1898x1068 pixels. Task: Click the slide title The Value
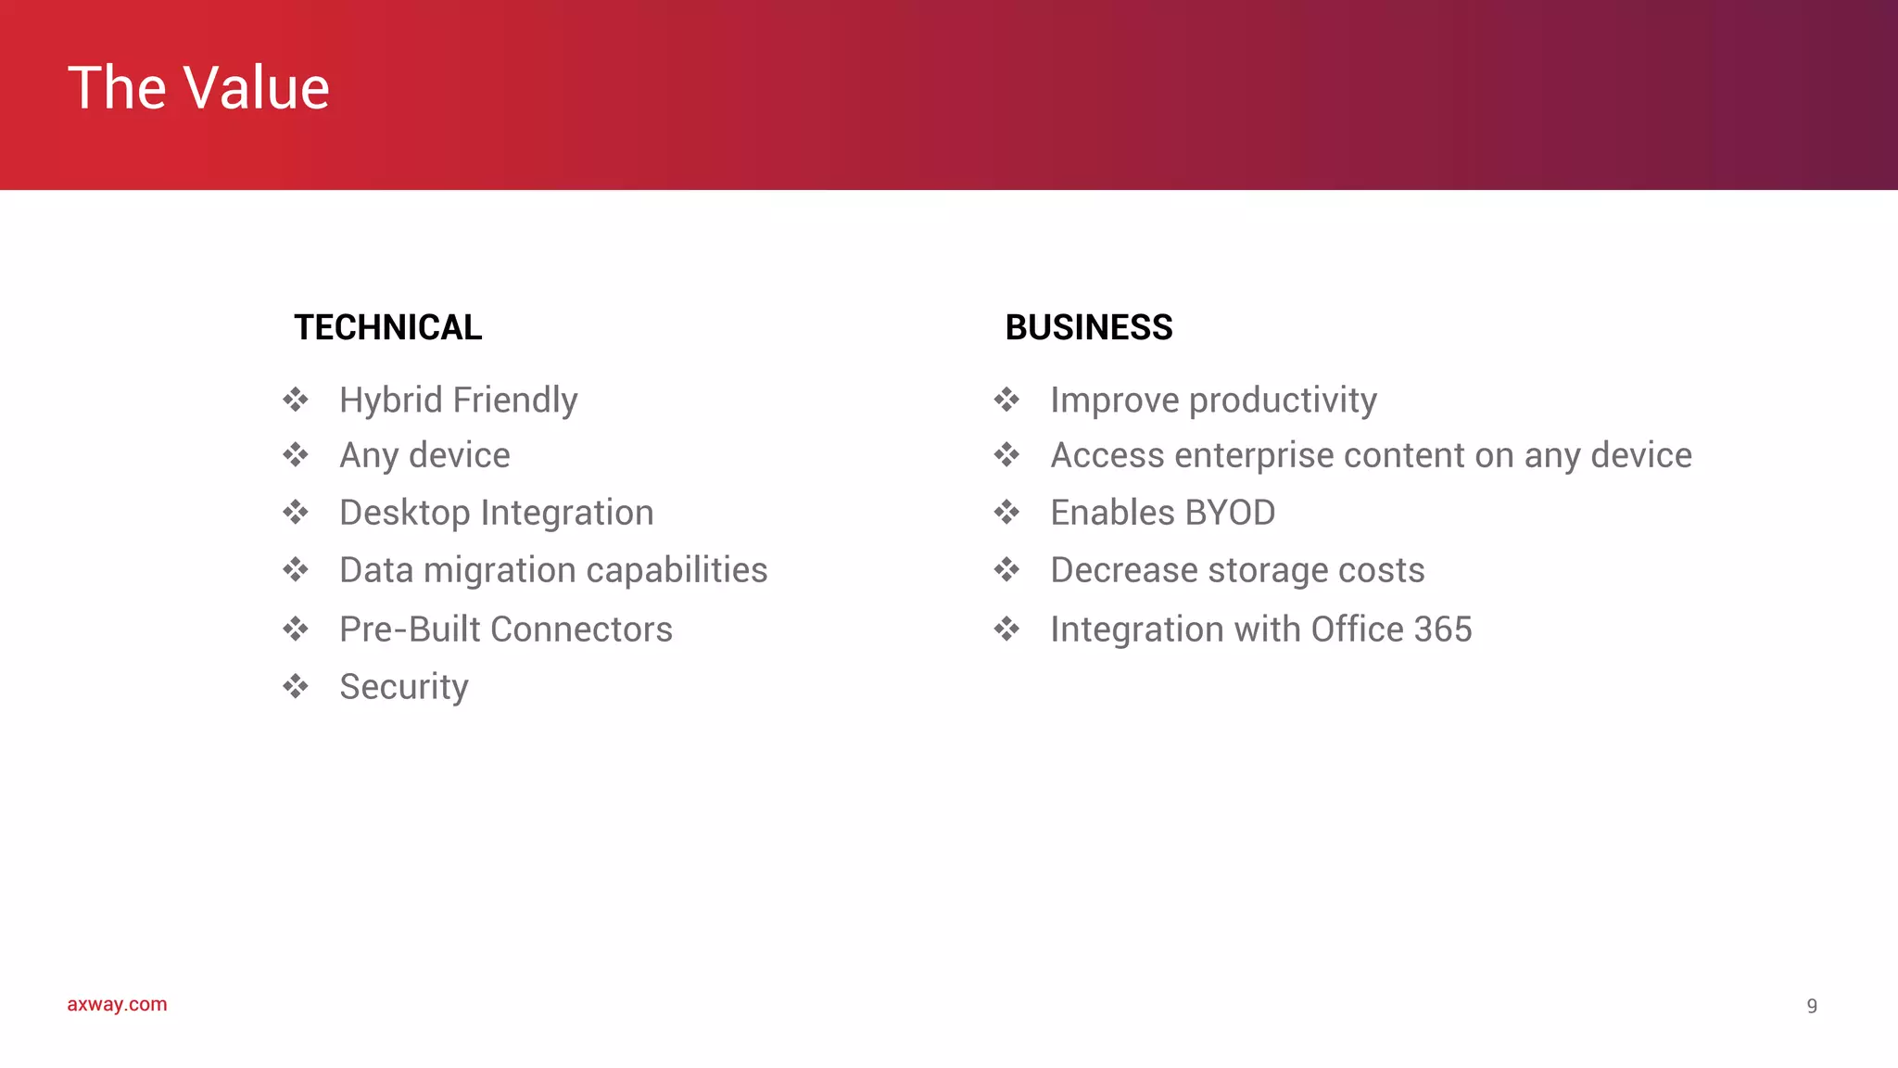198,88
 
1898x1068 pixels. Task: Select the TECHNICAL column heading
387,327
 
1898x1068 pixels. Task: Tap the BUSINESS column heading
1088,327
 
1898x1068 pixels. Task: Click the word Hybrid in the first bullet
390,400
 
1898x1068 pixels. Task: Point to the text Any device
424,455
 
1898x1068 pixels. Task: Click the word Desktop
404,513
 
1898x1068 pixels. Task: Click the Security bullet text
403,687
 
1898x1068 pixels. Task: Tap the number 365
1443,629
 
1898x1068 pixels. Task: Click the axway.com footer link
117,1004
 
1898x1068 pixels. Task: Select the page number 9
1812,1006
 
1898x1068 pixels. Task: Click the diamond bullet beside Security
296,686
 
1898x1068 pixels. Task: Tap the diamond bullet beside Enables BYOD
1006,512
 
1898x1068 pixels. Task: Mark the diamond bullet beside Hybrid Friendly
296,400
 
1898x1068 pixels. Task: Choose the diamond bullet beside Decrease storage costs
1006,569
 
